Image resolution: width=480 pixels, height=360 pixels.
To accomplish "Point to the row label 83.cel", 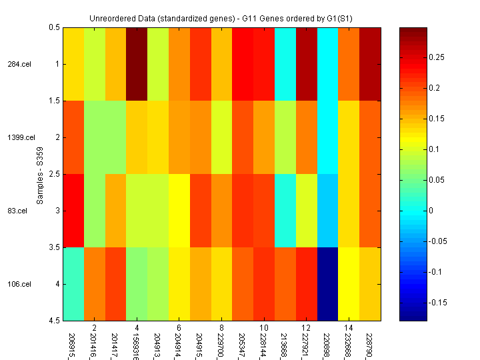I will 18,211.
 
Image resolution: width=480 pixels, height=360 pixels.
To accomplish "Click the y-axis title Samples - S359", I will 39,175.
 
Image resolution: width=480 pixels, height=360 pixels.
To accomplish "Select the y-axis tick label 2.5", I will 55,174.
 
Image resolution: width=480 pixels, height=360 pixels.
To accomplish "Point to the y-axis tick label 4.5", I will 55,321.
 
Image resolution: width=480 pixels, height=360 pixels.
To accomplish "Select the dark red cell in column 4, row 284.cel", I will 136,64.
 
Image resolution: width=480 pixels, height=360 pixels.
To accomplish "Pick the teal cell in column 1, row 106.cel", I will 73,284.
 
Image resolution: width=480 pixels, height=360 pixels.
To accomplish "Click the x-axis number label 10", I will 264,329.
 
